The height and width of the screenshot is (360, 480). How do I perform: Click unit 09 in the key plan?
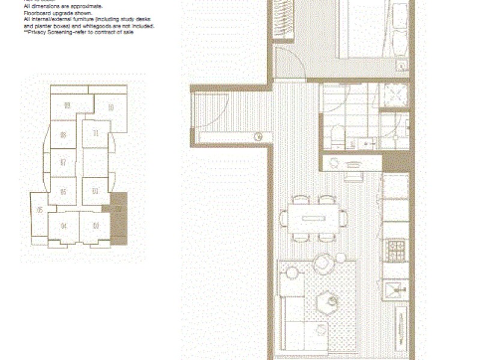pos(67,106)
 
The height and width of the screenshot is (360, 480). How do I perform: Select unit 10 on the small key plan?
pos(112,109)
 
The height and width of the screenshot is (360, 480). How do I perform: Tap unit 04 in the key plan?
pos(63,226)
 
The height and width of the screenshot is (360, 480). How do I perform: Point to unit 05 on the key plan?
pos(40,210)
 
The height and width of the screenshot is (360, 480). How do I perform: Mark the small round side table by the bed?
pos(402,65)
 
